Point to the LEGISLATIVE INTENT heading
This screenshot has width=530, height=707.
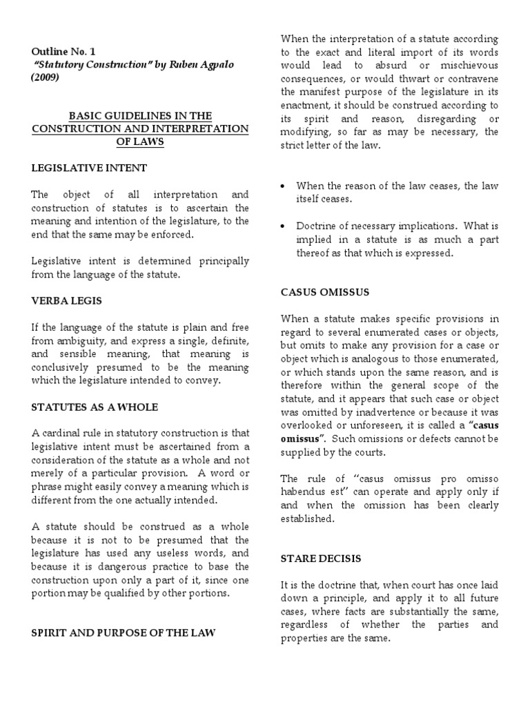(x=89, y=168)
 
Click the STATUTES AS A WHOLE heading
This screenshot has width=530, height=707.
(x=95, y=407)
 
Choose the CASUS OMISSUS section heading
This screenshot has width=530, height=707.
(x=325, y=292)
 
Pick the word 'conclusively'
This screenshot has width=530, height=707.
(x=63, y=367)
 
